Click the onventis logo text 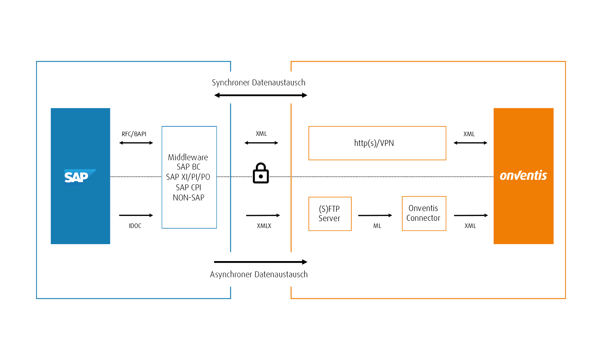pyautogui.click(x=523, y=176)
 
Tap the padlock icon pyautogui.click(x=261, y=173)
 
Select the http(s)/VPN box pyautogui.click(x=377, y=143)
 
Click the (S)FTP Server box pyautogui.click(x=330, y=214)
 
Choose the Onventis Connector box pyautogui.click(x=424, y=213)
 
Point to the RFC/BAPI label pyautogui.click(x=134, y=134)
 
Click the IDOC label pyautogui.click(x=135, y=226)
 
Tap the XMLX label pyautogui.click(x=264, y=226)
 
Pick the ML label pyautogui.click(x=377, y=226)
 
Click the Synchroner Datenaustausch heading pyautogui.click(x=258, y=83)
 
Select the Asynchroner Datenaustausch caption pyautogui.click(x=259, y=275)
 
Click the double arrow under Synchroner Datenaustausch pyautogui.click(x=261, y=95)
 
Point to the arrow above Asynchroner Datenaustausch pyautogui.click(x=260, y=262)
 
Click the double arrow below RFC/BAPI pyautogui.click(x=136, y=143)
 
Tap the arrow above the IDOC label pyautogui.click(x=136, y=216)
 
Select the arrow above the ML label pyautogui.click(x=375, y=216)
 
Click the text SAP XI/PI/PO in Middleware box pyautogui.click(x=188, y=177)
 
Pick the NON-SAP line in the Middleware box pyautogui.click(x=188, y=197)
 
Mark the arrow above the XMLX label pyautogui.click(x=263, y=216)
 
